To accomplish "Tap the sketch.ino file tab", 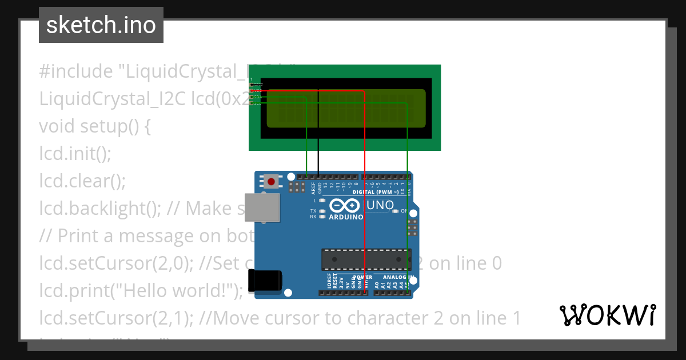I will (101, 25).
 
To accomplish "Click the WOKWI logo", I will (607, 315).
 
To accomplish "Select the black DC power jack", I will (265, 281).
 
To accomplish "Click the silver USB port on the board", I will (263, 207).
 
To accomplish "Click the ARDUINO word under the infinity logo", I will (346, 217).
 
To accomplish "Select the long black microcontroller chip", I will (364, 259).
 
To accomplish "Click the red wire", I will (364, 189).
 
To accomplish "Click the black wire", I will (318, 131).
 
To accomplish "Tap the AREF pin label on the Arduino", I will (313, 187).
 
